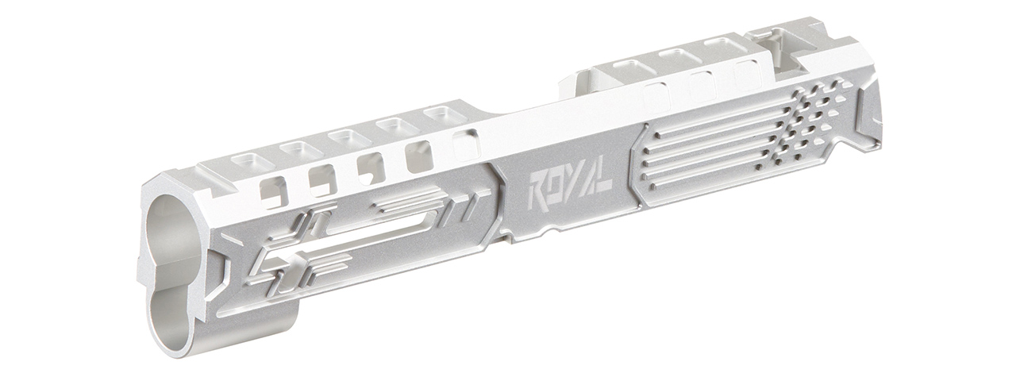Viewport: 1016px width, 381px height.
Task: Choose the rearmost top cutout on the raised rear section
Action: [725, 46]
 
